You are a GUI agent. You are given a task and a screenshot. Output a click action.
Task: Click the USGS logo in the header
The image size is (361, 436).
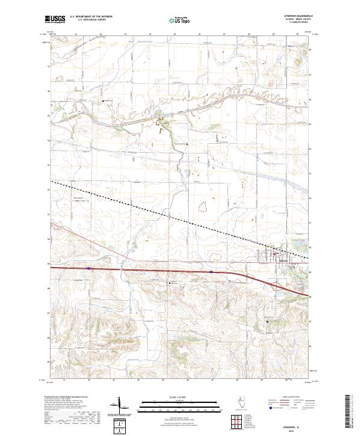coord(55,19)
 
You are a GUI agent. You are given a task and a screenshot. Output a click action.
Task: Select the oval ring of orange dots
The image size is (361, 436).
coord(205,206)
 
